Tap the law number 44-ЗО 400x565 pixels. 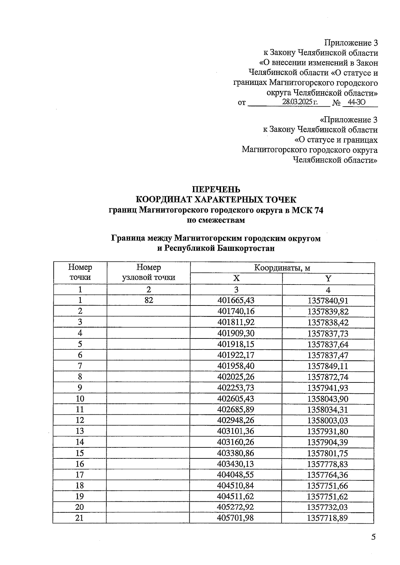(356, 102)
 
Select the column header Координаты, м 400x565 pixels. (282, 268)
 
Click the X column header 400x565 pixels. (236, 279)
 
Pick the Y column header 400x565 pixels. (328, 279)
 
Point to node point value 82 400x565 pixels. (149, 300)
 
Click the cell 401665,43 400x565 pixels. (236, 300)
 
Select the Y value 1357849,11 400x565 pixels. (328, 366)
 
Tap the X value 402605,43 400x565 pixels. (236, 399)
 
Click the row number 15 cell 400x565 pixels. (80, 453)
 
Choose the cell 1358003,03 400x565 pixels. (328, 420)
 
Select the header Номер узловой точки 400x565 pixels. (149, 273)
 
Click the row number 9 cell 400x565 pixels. (80, 387)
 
